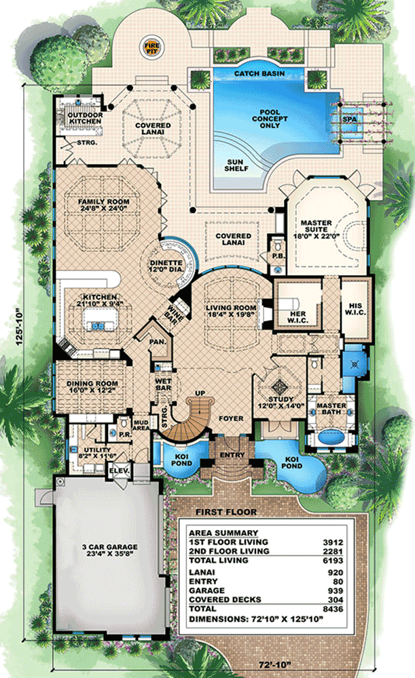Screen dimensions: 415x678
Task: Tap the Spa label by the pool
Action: (350, 119)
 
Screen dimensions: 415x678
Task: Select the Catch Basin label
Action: (259, 73)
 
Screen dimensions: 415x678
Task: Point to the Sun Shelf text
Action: (236, 165)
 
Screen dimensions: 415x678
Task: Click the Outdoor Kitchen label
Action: (86, 118)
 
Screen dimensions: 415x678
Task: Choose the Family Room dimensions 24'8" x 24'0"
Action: (103, 208)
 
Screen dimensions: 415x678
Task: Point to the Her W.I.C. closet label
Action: (297, 317)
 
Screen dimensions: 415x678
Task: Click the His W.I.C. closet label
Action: (355, 308)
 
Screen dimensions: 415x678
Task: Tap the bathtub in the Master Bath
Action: (331, 437)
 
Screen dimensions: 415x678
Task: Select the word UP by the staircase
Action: (200, 393)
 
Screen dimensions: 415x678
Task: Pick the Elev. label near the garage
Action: (119, 471)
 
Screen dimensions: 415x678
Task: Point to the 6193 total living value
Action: (333, 561)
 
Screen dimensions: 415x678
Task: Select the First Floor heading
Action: (226, 512)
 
